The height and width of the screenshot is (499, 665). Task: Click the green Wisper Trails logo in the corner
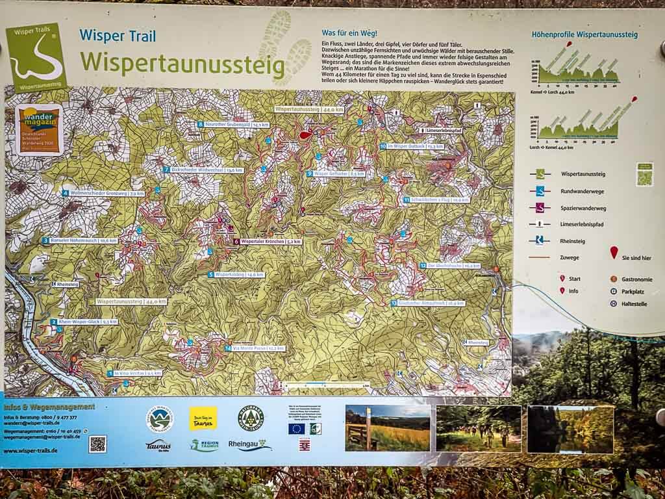point(36,57)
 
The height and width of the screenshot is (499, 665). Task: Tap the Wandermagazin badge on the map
point(39,129)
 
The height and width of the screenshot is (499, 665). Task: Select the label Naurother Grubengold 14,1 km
point(233,124)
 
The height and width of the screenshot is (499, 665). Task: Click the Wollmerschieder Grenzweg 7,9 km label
point(103,193)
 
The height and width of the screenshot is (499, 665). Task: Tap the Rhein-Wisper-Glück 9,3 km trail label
point(84,322)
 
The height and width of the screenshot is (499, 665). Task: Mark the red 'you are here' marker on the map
point(305,135)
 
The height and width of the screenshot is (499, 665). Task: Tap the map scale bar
point(328,385)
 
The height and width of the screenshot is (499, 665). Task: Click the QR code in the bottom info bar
point(97,444)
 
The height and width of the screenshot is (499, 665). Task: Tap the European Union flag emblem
point(296,428)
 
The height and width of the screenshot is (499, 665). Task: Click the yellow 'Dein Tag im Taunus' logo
point(203,418)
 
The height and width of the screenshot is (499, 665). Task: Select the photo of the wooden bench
point(388,428)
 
